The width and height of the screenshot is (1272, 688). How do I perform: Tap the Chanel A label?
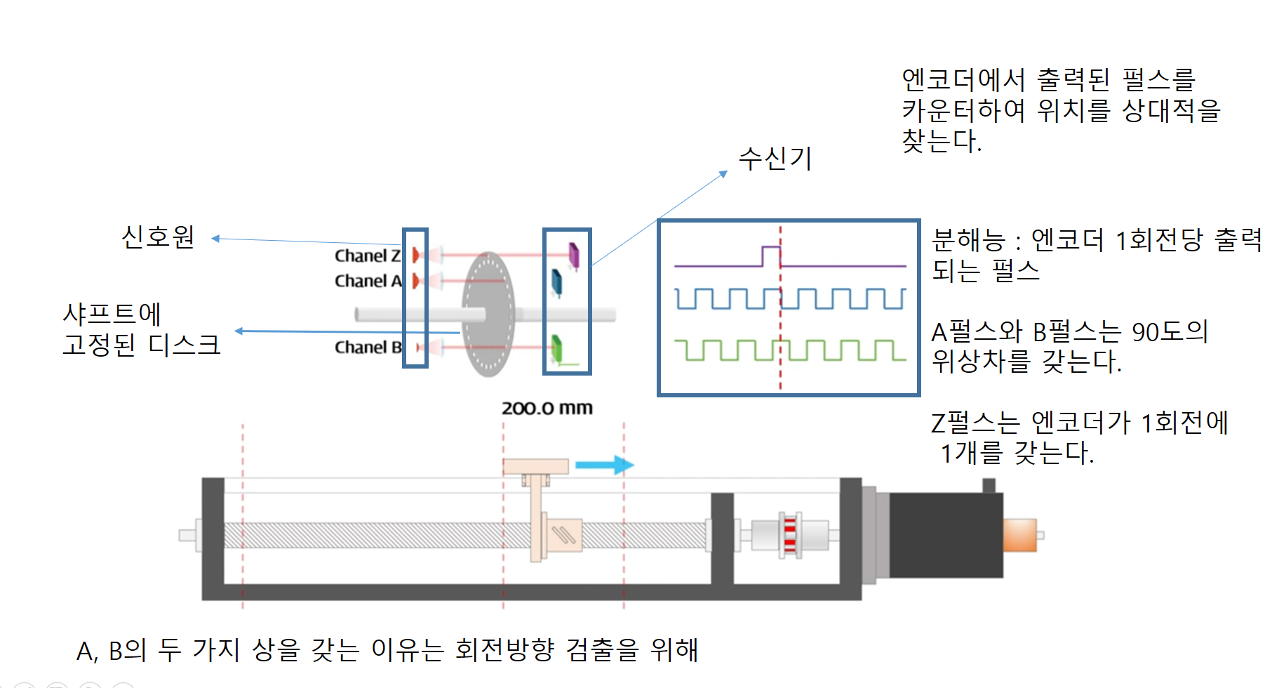tap(368, 281)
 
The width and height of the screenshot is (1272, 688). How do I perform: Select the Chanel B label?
tap(368, 347)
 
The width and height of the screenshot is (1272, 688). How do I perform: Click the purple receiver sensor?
tap(574, 256)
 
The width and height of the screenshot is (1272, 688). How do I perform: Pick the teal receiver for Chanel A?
tap(557, 282)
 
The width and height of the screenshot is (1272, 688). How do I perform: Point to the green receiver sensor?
tap(557, 349)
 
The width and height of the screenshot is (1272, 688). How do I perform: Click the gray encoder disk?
tap(488, 314)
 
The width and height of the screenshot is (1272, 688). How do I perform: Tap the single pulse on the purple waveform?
tap(771, 256)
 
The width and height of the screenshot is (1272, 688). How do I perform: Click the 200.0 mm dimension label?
tap(547, 408)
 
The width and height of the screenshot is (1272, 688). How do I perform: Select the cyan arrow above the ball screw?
tap(604, 465)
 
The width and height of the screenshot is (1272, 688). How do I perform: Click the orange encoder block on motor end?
tap(1020, 535)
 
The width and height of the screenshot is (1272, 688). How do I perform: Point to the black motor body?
tap(946, 535)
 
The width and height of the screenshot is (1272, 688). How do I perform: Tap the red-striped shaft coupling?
tap(790, 536)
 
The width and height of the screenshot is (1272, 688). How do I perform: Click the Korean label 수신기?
tap(775, 159)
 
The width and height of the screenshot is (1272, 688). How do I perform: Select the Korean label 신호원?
tap(158, 237)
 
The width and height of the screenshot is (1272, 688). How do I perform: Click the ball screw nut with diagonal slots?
tap(563, 536)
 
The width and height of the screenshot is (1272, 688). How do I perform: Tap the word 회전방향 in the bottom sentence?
tap(504, 649)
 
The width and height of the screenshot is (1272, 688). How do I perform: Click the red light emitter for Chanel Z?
tap(416, 255)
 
